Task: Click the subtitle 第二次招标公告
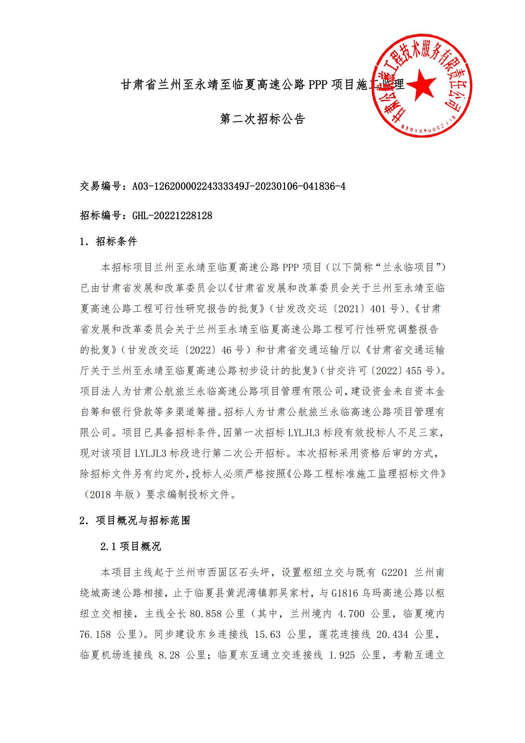[x=262, y=119]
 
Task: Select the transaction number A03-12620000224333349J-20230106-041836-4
[x=239, y=186]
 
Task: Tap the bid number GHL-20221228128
[x=172, y=215]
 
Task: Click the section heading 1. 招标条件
[x=109, y=241]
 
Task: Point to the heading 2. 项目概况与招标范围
[x=135, y=520]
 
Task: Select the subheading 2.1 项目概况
[x=130, y=547]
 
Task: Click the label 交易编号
[x=101, y=186]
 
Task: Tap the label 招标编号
[x=101, y=215]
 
